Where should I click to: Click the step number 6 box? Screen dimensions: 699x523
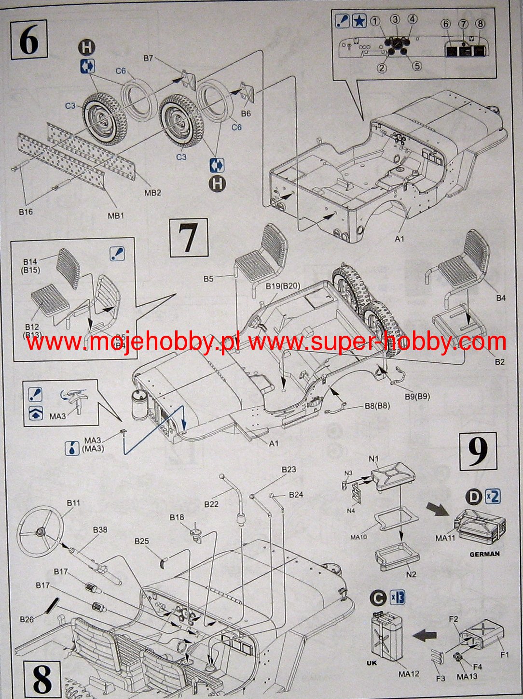click(28, 40)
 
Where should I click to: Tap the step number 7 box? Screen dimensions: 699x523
click(188, 238)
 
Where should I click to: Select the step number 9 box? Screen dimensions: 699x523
click(478, 451)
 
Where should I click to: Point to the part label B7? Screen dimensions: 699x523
click(148, 58)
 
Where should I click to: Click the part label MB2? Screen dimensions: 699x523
click(152, 192)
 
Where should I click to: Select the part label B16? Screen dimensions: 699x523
click(26, 212)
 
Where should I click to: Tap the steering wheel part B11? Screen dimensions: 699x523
click(41, 531)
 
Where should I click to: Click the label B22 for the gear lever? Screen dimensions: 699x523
click(211, 504)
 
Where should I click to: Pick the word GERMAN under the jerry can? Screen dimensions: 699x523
click(484, 554)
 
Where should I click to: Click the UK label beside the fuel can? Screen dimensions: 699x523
click(372, 663)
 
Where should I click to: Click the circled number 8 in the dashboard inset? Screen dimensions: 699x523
click(480, 24)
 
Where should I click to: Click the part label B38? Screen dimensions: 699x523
click(100, 529)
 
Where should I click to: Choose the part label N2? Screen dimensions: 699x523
click(411, 574)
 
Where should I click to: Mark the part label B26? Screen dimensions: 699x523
click(27, 619)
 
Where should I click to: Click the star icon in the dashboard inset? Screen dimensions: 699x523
click(358, 21)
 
